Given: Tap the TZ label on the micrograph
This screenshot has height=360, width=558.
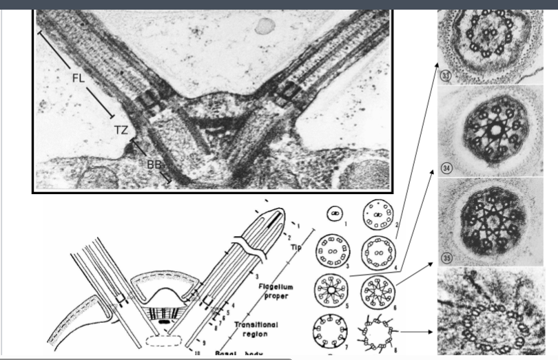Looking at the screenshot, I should click(x=122, y=129).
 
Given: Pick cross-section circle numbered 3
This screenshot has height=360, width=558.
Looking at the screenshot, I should click(x=332, y=251).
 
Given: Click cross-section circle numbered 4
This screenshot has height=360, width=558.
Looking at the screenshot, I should click(x=378, y=251).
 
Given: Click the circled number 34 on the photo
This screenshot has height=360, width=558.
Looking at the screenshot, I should click(x=446, y=169).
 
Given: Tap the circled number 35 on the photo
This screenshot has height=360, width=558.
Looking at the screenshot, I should click(x=446, y=260).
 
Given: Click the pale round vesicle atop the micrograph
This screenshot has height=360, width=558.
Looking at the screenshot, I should click(x=263, y=26).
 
